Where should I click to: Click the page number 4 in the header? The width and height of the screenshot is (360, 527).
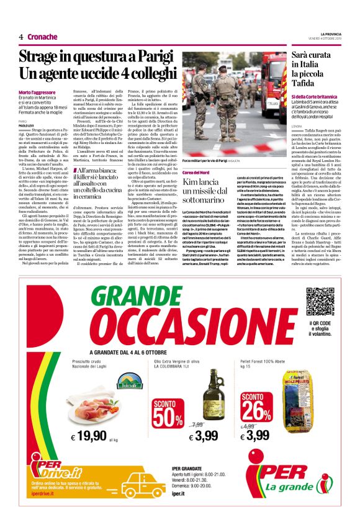tap(21, 37)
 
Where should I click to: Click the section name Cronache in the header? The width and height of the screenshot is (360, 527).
tap(42, 37)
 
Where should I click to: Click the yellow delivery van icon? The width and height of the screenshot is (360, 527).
tap(142, 485)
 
